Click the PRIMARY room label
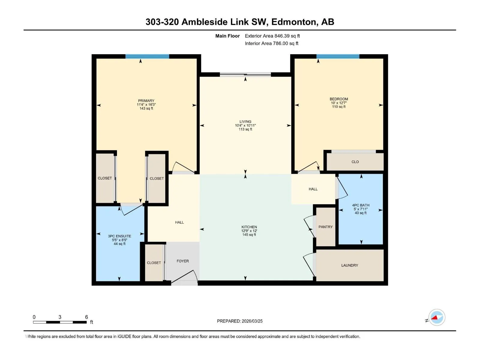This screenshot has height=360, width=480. (x=146, y=101)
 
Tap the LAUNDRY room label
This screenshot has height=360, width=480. (x=350, y=265)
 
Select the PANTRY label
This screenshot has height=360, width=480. (x=325, y=227)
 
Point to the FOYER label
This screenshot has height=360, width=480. (x=183, y=261)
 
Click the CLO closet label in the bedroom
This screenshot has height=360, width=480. (x=355, y=162)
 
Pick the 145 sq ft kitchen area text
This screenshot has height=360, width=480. (x=249, y=235)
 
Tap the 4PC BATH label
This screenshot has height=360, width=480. (x=361, y=205)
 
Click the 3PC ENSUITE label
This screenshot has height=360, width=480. (x=120, y=236)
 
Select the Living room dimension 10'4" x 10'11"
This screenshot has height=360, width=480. (x=245, y=125)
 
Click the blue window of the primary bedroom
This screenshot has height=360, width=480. (x=147, y=56)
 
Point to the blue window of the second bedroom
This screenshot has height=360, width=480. (x=338, y=56)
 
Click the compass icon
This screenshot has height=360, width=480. (x=437, y=317)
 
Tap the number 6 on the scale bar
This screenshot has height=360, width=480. (x=87, y=317)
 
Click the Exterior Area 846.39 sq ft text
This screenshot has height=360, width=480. (x=272, y=36)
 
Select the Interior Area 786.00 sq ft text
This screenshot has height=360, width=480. (x=271, y=43)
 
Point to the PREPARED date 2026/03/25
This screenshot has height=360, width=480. (x=252, y=321)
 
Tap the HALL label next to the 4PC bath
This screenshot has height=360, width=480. (x=313, y=189)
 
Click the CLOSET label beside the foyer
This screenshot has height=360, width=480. (x=154, y=263)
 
